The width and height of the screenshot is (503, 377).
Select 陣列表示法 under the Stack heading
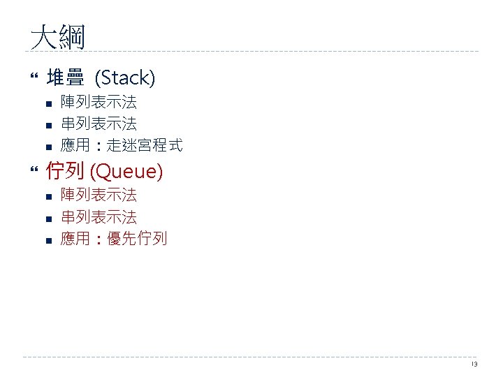click(99, 103)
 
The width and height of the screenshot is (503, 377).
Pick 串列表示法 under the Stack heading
click(99, 124)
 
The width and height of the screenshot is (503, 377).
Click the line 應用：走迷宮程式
click(122, 145)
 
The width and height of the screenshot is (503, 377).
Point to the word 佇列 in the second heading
click(65, 170)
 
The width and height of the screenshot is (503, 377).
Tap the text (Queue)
click(126, 170)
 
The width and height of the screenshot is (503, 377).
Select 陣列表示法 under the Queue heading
click(99, 195)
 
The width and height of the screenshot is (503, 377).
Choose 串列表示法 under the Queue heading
click(99, 217)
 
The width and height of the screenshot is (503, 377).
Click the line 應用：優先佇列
click(114, 239)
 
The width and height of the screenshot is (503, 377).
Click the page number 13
click(474, 364)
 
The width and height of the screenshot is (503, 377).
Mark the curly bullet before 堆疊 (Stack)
click(35, 78)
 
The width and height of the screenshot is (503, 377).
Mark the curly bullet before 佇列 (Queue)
click(35, 170)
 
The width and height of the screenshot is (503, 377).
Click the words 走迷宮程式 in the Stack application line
click(145, 145)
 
